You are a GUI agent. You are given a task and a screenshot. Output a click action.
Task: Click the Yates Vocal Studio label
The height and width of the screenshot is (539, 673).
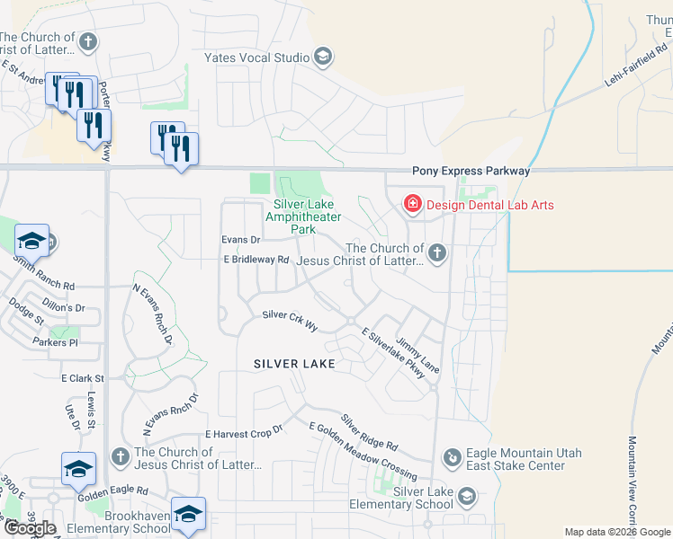[x=256, y=58]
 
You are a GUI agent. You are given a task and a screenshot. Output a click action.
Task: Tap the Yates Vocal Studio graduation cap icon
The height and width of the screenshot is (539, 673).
[x=322, y=58]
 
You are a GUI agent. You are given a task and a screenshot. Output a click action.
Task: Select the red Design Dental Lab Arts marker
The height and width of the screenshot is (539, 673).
[x=413, y=205]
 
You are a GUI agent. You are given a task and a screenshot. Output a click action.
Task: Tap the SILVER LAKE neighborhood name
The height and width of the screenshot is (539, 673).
[x=294, y=364]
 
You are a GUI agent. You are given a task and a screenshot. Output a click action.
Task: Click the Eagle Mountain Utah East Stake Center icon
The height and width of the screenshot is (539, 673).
[x=452, y=459]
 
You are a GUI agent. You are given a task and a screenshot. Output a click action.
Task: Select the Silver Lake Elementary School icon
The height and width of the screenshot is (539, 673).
[x=467, y=496]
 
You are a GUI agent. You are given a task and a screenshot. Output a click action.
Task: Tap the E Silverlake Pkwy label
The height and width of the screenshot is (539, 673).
[x=392, y=352]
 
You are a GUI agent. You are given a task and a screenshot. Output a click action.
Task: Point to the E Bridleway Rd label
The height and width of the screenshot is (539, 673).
[x=256, y=260]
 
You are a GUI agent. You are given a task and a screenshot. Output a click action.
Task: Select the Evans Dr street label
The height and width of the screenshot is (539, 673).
[x=241, y=240]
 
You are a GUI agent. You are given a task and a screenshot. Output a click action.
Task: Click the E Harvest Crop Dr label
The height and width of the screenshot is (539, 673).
[x=243, y=432]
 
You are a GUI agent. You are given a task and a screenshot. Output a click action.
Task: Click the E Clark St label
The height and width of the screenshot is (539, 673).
[x=83, y=379]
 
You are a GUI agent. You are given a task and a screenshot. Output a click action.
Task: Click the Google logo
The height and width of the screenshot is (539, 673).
[x=31, y=528]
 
